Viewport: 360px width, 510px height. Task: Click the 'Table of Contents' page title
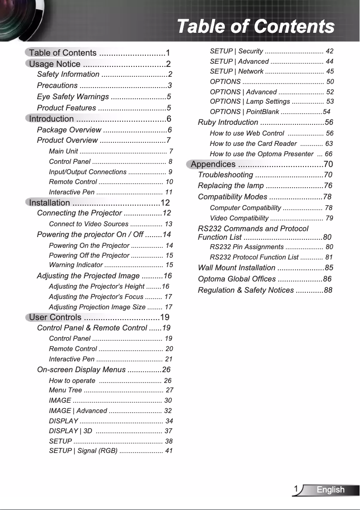click(x=255, y=26)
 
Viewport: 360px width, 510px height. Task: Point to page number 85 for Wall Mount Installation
click(x=328, y=268)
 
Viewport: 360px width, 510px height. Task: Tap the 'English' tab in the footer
click(x=330, y=490)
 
